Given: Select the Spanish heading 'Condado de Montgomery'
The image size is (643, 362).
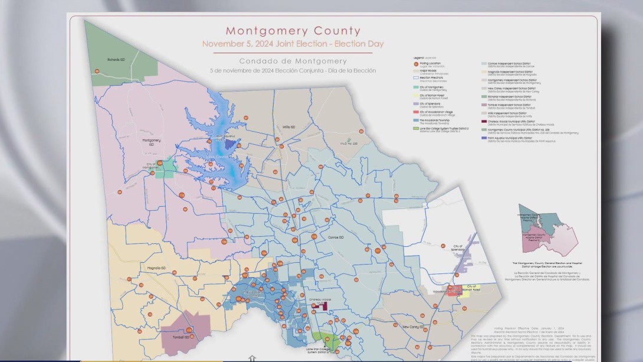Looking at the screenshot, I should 293,61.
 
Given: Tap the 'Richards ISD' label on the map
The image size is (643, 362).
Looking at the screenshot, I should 116,59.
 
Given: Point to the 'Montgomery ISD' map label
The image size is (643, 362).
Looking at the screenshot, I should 152,142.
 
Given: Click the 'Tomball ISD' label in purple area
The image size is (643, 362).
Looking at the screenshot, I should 183,337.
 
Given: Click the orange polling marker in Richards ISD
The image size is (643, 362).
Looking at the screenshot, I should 97,70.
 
